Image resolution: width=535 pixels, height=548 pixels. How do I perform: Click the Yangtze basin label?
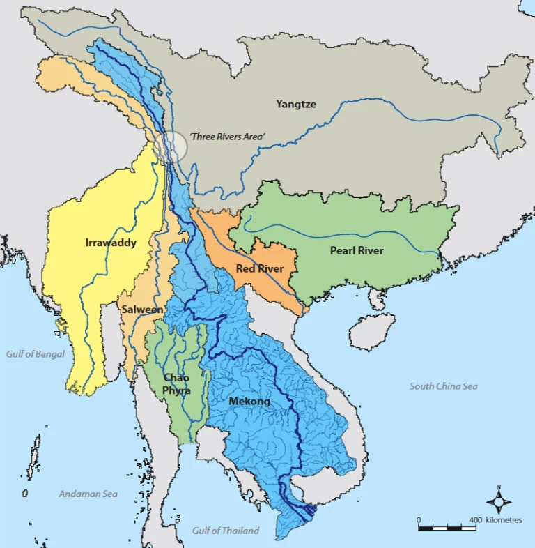point(295,105)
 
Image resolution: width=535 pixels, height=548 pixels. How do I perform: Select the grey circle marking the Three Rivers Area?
point(171,146)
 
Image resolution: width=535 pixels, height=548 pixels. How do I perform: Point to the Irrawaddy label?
point(110,243)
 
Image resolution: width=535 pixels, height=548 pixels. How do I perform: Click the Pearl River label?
point(356,251)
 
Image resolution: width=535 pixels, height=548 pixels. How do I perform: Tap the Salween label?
point(142,309)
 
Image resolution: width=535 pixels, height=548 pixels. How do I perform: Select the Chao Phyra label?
point(176,384)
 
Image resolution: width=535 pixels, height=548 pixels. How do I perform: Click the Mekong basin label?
point(249,402)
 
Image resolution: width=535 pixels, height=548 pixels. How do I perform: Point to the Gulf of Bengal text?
point(36,354)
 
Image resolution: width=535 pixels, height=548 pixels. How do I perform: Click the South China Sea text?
point(443,386)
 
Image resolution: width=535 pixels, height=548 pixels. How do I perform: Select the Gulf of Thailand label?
point(226,531)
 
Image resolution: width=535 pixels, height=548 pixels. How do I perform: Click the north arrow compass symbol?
point(498,501)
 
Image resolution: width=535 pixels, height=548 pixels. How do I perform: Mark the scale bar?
point(446,528)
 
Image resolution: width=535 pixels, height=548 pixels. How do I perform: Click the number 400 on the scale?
point(476,520)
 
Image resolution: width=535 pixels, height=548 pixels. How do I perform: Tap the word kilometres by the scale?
point(504,520)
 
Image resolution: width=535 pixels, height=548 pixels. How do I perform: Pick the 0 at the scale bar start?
point(419,520)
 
